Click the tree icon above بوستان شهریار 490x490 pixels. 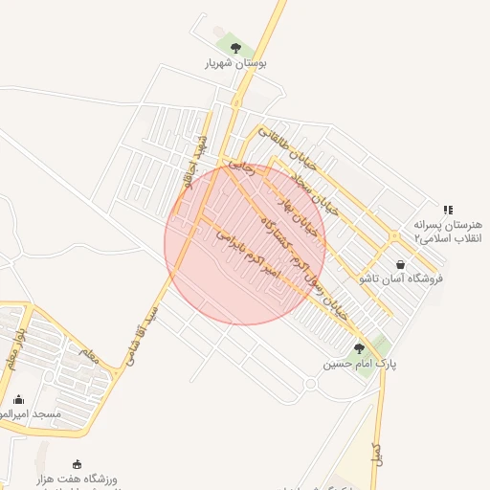[235, 46]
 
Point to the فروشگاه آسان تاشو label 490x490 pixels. [394, 278]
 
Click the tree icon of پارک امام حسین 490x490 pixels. [359, 348]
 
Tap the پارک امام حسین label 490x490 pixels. [359, 364]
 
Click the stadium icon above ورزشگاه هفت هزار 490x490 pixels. [78, 464]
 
